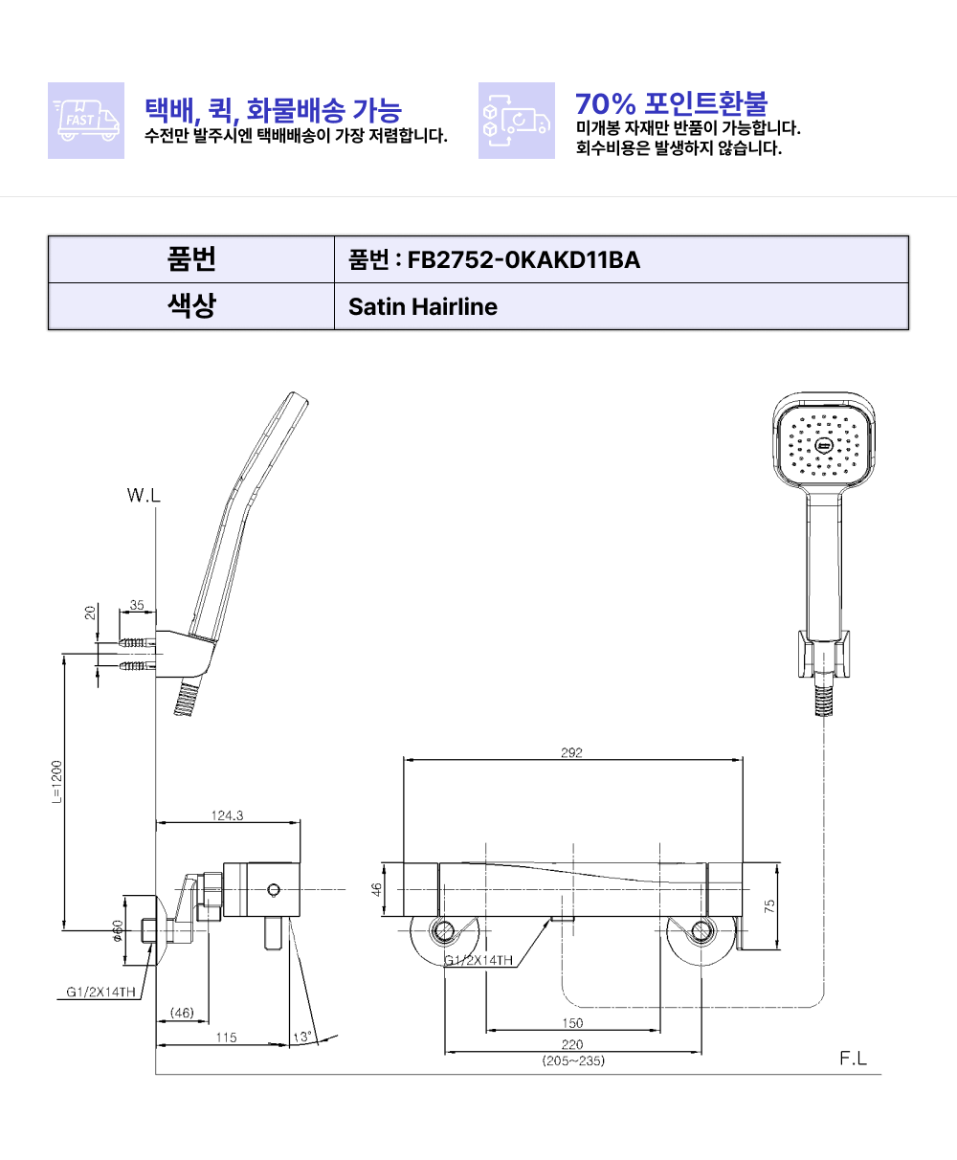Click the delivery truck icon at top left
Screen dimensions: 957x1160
click(86, 121)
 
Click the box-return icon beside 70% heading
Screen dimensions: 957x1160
click(516, 121)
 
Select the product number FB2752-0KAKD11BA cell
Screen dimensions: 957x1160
click(494, 259)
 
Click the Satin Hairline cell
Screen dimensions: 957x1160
click(422, 307)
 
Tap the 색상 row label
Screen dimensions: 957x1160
click(191, 307)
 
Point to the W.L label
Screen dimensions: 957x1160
click(144, 496)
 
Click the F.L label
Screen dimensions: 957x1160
click(853, 1059)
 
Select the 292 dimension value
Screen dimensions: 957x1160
click(571, 752)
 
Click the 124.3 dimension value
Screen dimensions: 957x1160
click(227, 815)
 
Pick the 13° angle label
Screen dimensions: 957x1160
click(301, 1037)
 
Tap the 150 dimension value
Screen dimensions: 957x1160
click(572, 1023)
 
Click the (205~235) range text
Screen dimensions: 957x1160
click(572, 1060)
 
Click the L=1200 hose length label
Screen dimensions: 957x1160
click(56, 786)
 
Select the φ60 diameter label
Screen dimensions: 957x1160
click(117, 929)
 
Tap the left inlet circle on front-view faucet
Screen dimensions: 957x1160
click(444, 930)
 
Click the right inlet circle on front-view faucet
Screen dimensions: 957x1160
click(702, 930)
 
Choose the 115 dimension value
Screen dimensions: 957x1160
click(225, 1037)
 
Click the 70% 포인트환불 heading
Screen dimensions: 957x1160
click(671, 103)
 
